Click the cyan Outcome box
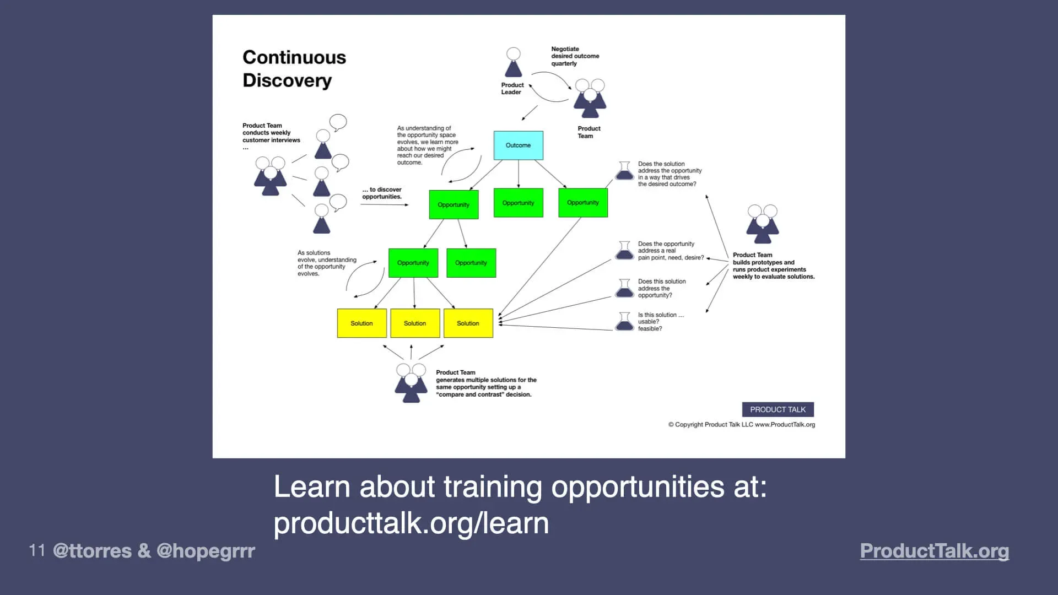pos(518,145)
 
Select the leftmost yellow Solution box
pos(361,323)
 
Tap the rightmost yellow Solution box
pos(468,323)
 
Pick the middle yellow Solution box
pos(415,323)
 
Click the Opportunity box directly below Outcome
pos(518,203)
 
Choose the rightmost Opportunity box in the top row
pos(582,203)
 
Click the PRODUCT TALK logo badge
pos(778,409)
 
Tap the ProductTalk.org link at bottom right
pos(934,550)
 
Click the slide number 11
pos(37,550)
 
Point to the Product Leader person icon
pos(513,62)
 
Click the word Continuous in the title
pos(294,57)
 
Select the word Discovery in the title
pos(287,80)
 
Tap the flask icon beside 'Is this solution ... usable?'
pos(624,321)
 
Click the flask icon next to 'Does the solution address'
pos(624,171)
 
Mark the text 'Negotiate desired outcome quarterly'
pos(574,56)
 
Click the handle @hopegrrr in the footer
pos(206,550)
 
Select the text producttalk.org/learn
pos(411,523)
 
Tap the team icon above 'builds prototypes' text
pos(763,224)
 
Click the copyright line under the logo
pos(741,425)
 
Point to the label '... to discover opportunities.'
pos(382,193)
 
